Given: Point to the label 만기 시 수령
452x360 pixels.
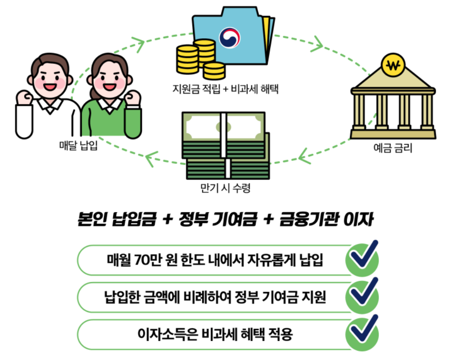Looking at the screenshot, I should pos(225,189).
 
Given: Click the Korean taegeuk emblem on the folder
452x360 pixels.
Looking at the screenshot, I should pos(229,37).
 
